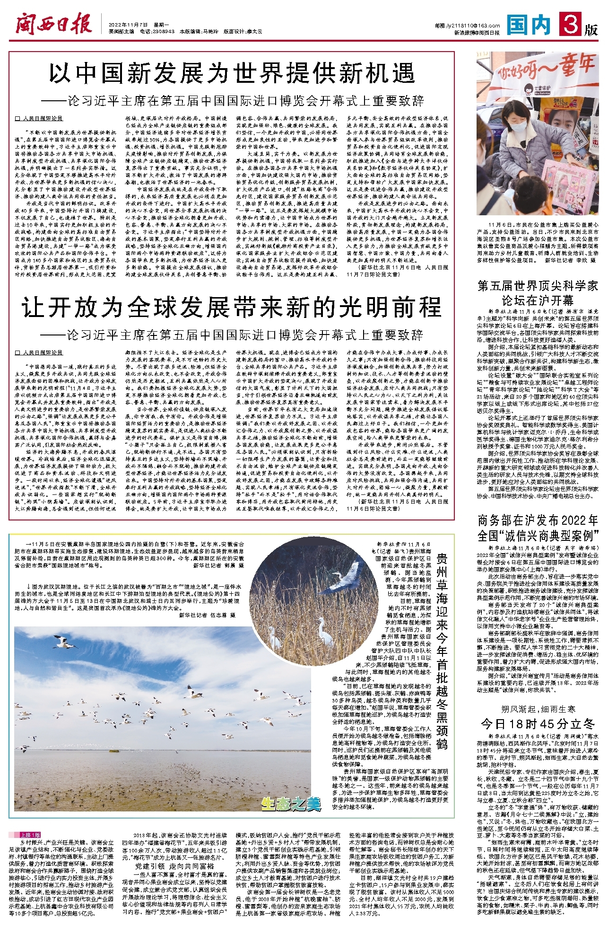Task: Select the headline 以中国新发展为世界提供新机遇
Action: [232, 74]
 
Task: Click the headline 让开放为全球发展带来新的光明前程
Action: [232, 308]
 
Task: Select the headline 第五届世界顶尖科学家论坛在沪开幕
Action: [538, 293]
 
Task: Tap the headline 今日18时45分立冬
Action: [538, 723]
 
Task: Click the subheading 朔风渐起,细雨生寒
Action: [538, 709]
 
